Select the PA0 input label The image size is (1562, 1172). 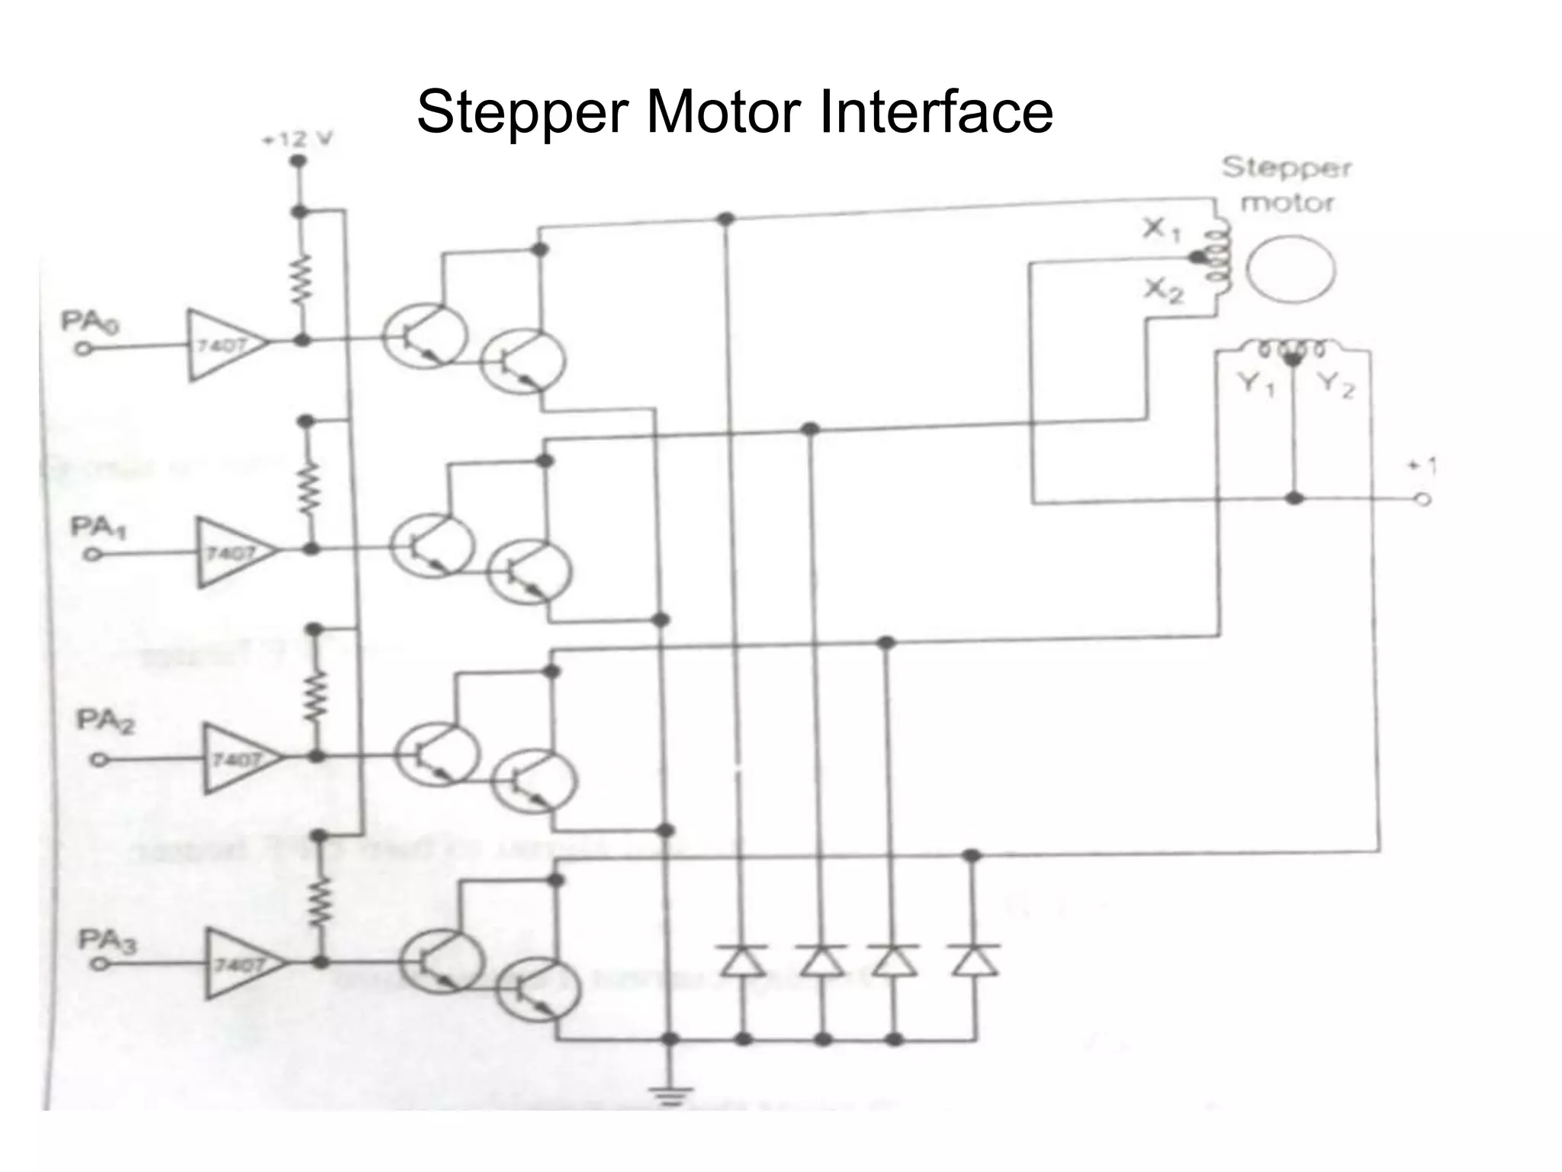90,324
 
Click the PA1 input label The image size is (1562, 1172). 98,528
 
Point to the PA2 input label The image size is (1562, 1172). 104,721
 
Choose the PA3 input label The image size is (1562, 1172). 108,943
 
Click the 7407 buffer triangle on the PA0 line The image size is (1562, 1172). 224,346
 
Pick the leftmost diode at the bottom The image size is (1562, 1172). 742,961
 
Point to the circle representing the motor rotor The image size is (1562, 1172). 1290,269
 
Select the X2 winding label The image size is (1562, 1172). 1162,290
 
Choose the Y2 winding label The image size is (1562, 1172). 1335,385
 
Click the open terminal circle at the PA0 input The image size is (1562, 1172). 83,349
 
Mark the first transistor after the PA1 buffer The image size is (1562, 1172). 431,546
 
